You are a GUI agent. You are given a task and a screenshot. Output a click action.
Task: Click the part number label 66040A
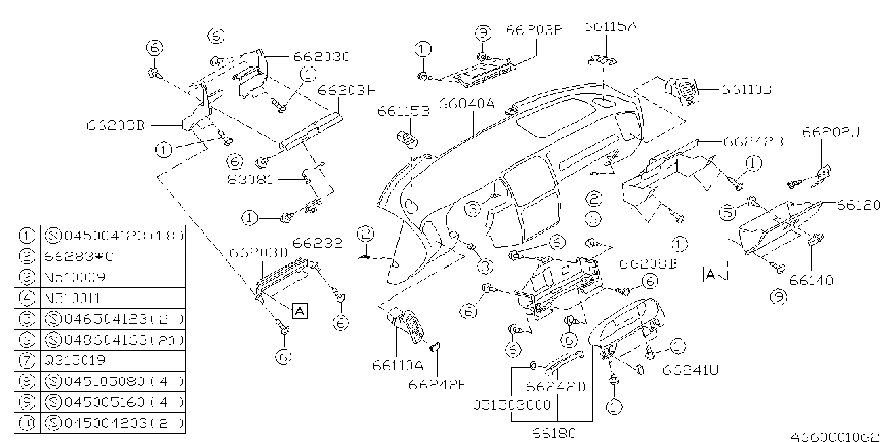[x=467, y=104]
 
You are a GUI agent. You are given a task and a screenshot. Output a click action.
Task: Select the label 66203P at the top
[x=535, y=31]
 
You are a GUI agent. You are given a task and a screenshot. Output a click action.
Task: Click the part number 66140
[x=810, y=280]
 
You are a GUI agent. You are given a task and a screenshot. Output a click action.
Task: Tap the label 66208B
[x=648, y=265]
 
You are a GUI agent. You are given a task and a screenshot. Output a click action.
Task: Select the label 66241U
[x=690, y=370]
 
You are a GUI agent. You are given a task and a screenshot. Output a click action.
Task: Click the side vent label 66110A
[x=397, y=366]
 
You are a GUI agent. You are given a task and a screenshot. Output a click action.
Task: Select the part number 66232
[x=318, y=242]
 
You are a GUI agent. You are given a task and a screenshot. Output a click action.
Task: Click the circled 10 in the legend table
[x=27, y=424]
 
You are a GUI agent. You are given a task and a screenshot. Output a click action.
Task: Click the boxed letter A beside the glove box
[x=710, y=274]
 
